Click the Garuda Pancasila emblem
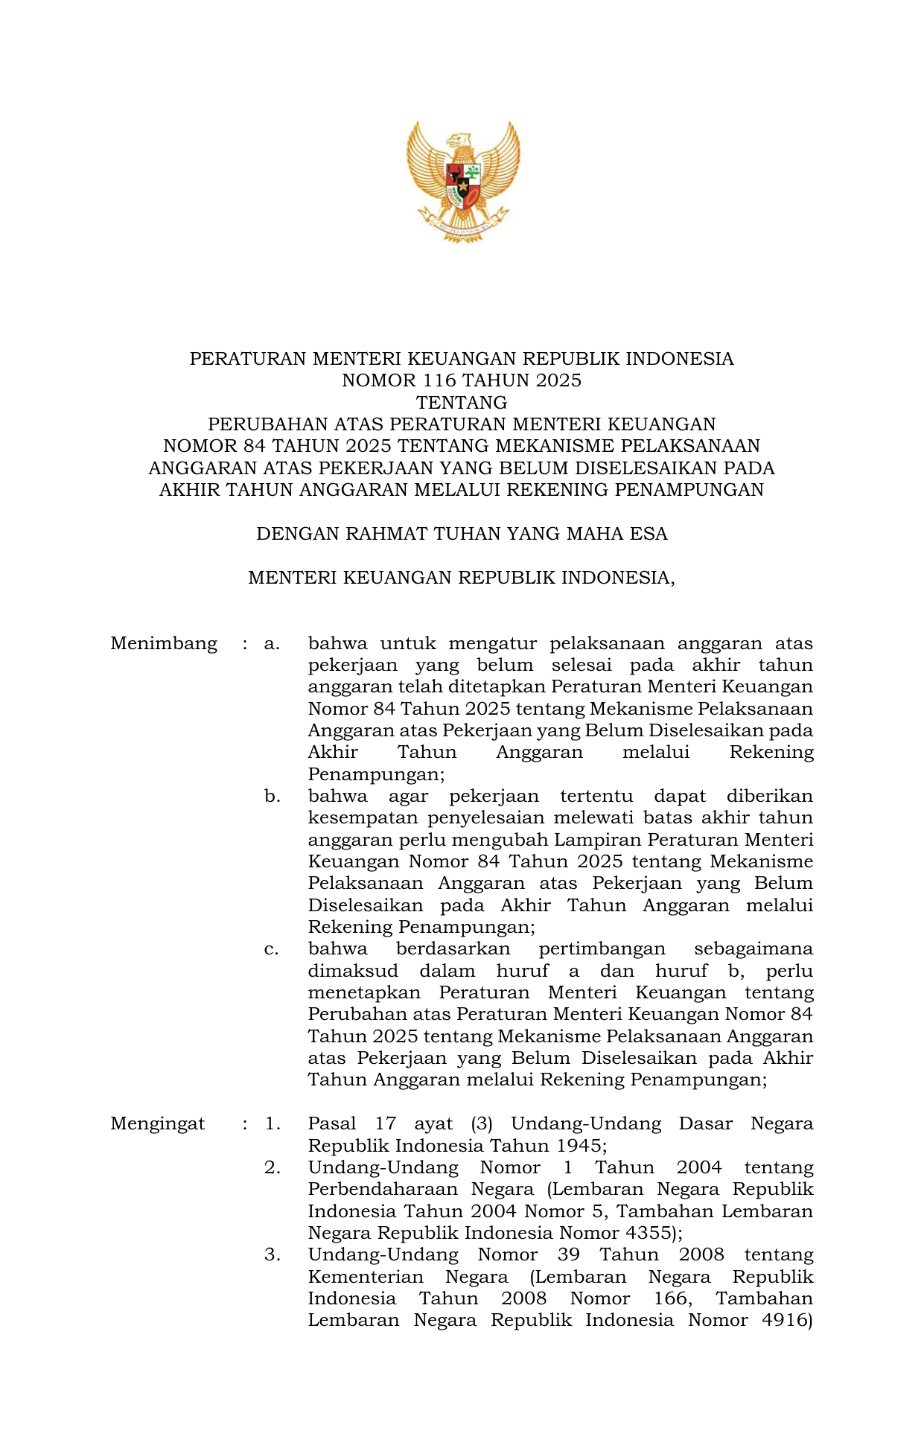462,181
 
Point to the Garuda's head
459,141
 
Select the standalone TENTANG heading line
462,403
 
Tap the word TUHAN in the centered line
467,534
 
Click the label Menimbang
164,643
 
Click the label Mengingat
157,1123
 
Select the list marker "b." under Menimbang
273,797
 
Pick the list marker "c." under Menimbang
272,949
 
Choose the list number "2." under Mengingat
273,1167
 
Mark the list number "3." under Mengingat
273,1254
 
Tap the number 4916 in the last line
784,1320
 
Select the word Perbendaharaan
383,1190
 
